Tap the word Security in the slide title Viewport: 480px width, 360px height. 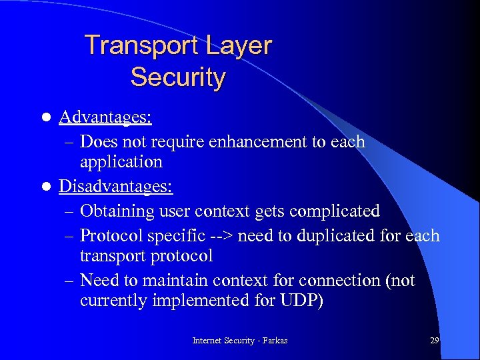(178, 77)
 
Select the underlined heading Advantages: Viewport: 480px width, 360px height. (105, 118)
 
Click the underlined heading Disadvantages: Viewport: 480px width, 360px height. (116, 187)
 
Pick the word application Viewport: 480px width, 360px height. (121, 162)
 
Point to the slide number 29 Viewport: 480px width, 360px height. (434, 341)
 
